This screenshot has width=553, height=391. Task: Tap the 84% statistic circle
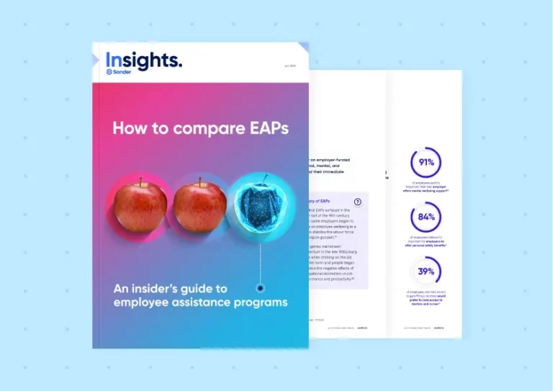click(425, 217)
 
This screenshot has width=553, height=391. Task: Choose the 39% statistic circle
click(425, 272)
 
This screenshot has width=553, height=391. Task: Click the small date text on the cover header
click(289, 66)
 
